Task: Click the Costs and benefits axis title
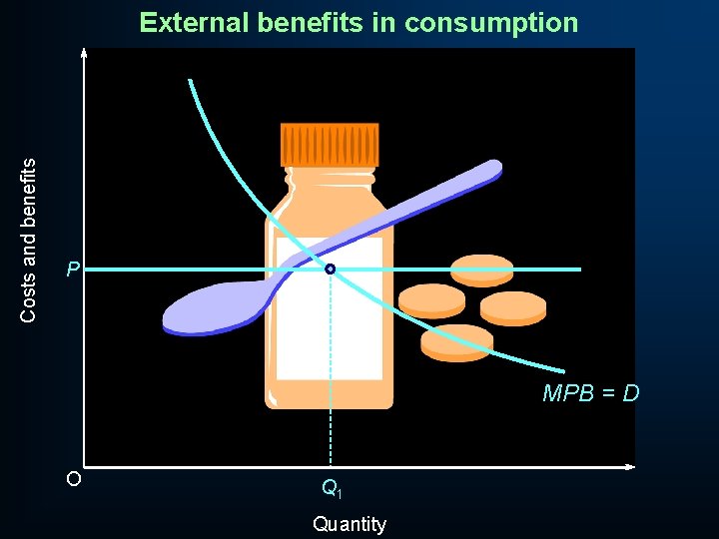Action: tap(29, 240)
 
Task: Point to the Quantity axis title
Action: tap(349, 524)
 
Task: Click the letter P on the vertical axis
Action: tap(73, 269)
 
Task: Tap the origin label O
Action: tap(73, 479)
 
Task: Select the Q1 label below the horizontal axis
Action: tap(332, 489)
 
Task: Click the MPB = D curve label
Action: tap(590, 393)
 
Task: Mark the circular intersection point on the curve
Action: tap(330, 269)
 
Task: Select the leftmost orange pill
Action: tap(431, 299)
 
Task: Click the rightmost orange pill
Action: tap(513, 307)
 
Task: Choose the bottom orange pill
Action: tap(456, 341)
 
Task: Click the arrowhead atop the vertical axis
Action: tap(85, 52)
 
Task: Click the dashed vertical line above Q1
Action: tap(331, 379)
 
